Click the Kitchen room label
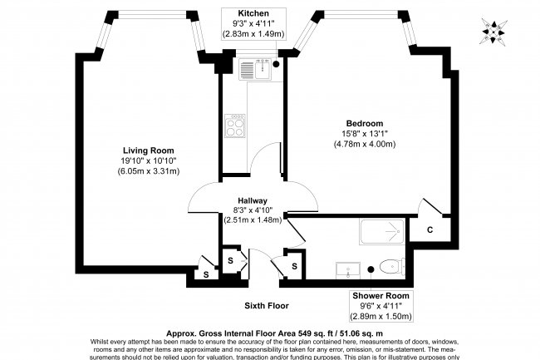pyautogui.click(x=253, y=14)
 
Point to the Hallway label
pyautogui.click(x=253, y=200)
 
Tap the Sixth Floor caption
pyautogui.click(x=267, y=306)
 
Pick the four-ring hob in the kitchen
pyautogui.click(x=233, y=128)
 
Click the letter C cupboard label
pyautogui.click(x=430, y=229)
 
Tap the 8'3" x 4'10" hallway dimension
pyautogui.click(x=253, y=210)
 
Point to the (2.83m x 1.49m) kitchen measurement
pyautogui.click(x=253, y=34)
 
